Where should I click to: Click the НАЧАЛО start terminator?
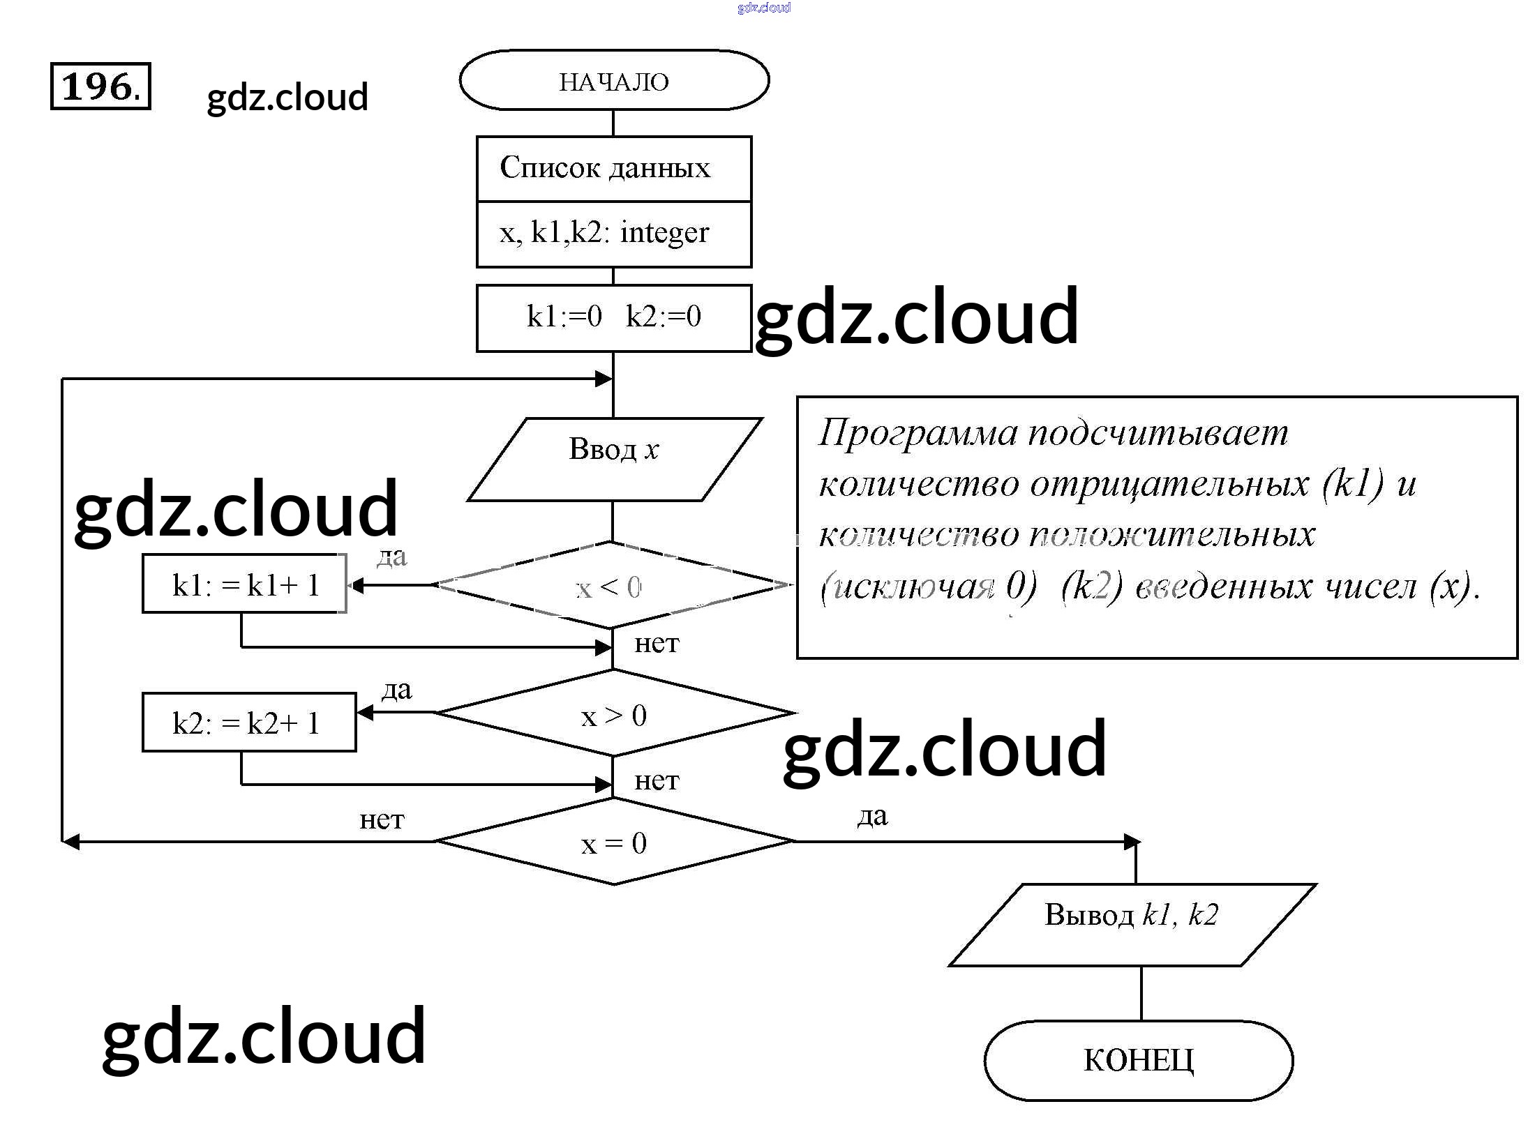pyautogui.click(x=614, y=81)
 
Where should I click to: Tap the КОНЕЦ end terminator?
pyautogui.click(x=1138, y=1060)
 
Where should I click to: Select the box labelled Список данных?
pyautogui.click(x=614, y=169)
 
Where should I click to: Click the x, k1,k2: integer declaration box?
pyautogui.click(x=614, y=234)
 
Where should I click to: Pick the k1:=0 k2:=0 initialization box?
pyautogui.click(x=614, y=317)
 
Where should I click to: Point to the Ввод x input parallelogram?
pyautogui.click(x=614, y=458)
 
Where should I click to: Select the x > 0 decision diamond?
pyautogui.click(x=614, y=713)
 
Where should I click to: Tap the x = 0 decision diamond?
pyautogui.click(x=614, y=842)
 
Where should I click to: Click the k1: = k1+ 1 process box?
pyautogui.click(x=244, y=584)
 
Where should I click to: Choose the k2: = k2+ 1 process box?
pyautogui.click(x=249, y=723)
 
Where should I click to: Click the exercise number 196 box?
pyautogui.click(x=100, y=86)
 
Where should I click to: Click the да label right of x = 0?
pyautogui.click(x=873, y=816)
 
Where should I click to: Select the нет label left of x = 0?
pyautogui.click(x=382, y=820)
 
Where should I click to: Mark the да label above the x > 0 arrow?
pyautogui.click(x=396, y=690)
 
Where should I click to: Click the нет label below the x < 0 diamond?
pyautogui.click(x=656, y=643)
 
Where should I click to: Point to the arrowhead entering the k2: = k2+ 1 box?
pyautogui.click(x=365, y=713)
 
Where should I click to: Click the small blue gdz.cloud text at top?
pyautogui.click(x=763, y=8)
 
